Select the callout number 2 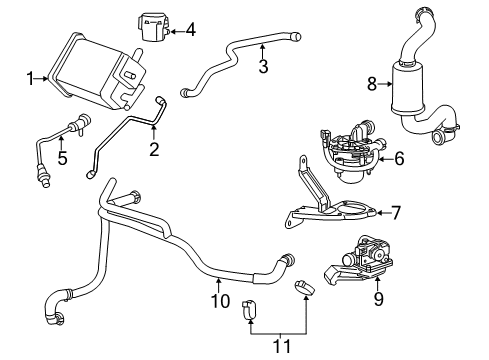click(154, 150)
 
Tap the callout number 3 click(263, 67)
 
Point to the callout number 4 click(190, 30)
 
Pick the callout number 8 click(372, 86)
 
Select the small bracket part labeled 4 click(149, 27)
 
